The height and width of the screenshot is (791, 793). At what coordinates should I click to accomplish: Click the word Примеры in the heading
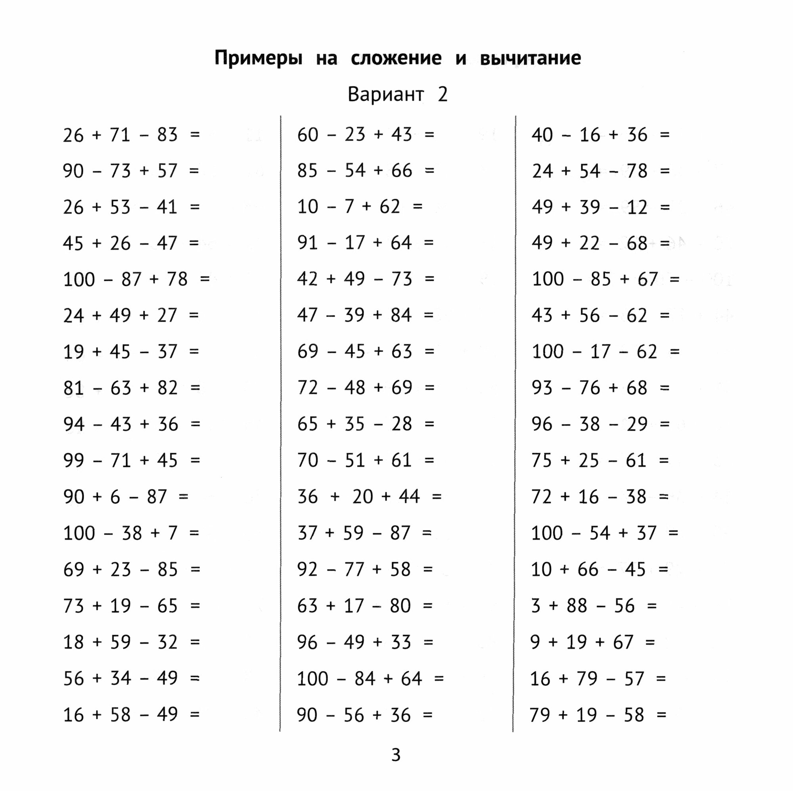click(x=258, y=58)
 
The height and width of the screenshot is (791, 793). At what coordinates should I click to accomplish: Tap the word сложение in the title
click(x=396, y=58)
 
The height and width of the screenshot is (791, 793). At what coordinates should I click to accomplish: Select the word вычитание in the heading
click(x=530, y=58)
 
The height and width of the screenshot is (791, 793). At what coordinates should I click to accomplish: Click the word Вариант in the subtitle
click(x=385, y=94)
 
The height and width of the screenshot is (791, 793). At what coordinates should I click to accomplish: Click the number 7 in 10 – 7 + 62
click(x=349, y=207)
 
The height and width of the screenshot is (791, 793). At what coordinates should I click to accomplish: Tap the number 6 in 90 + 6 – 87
click(x=115, y=497)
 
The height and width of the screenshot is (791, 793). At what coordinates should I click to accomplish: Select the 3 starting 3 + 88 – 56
click(x=536, y=605)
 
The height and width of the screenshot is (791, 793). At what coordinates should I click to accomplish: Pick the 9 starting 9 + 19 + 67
click(x=535, y=642)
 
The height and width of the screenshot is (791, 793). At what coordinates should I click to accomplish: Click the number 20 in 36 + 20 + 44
click(x=362, y=497)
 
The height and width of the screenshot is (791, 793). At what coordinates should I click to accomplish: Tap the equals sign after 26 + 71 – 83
click(x=195, y=135)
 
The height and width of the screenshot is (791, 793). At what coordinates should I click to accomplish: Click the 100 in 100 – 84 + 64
click(x=312, y=678)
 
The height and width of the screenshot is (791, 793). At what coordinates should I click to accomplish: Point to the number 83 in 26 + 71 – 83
click(x=167, y=135)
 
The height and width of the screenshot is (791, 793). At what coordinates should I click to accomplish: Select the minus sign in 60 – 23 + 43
click(x=331, y=135)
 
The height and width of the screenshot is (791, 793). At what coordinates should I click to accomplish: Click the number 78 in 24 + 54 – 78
click(x=637, y=171)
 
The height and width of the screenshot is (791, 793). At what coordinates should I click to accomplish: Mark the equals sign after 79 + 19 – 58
click(x=661, y=715)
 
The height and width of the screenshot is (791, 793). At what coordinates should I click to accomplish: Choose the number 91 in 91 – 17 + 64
click(x=307, y=243)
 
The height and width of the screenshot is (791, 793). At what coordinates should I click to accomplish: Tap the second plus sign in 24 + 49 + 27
click(x=144, y=315)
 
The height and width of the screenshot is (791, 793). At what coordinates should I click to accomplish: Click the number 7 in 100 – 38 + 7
click(x=172, y=533)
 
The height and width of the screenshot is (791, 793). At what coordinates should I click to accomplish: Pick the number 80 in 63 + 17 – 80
click(x=400, y=605)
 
